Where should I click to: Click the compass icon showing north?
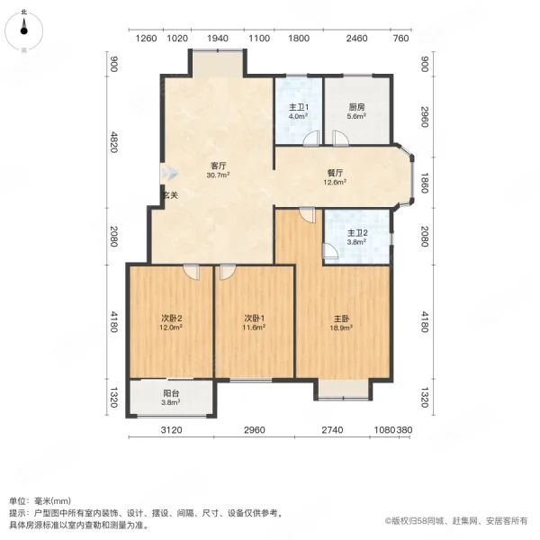pyautogui.click(x=24, y=29)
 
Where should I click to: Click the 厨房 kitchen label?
pyautogui.click(x=357, y=106)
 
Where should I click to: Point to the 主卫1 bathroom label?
pyautogui.click(x=298, y=106)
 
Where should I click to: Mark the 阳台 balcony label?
pyautogui.click(x=170, y=392)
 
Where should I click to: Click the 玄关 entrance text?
pyautogui.click(x=170, y=195)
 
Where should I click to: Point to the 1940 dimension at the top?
pyautogui.click(x=217, y=39)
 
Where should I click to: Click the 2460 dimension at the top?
pyautogui.click(x=357, y=39)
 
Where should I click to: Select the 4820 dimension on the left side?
pyautogui.click(x=113, y=143)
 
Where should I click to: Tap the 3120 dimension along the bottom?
pyautogui.click(x=172, y=431)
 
